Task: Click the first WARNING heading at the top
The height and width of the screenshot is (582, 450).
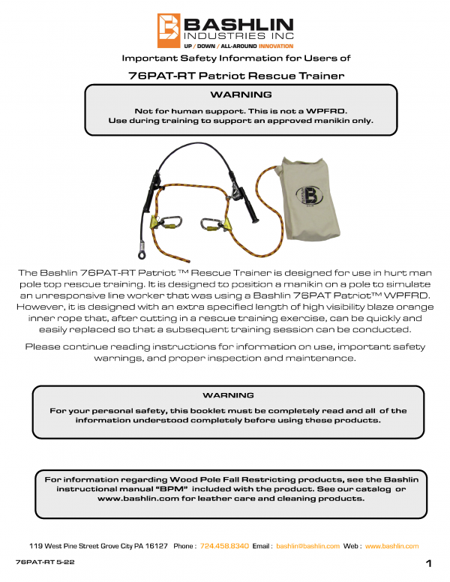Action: coord(241,95)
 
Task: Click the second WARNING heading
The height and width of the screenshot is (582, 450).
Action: coord(228,395)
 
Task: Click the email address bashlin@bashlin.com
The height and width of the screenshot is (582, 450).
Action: coord(308,546)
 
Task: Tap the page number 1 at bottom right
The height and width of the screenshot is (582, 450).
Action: coord(427,563)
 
